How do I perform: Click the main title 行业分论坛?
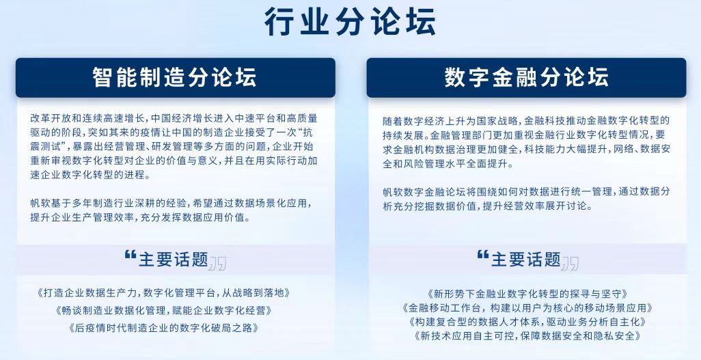(x=350, y=21)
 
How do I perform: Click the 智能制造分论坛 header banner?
(x=175, y=77)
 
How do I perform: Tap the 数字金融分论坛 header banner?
(x=526, y=77)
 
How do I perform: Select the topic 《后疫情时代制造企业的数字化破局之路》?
(x=163, y=327)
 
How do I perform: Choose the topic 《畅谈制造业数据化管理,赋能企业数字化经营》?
(x=163, y=310)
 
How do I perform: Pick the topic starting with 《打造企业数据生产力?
(x=163, y=293)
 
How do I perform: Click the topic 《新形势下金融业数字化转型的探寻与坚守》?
(x=527, y=294)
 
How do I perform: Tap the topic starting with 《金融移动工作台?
(x=527, y=307)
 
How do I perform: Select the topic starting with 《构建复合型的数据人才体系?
(x=527, y=322)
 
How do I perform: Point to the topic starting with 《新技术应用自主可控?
(x=527, y=335)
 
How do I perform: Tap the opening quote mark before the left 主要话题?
(x=130, y=255)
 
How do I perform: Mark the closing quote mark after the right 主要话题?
(x=570, y=264)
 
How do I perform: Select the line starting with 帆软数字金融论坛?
(x=526, y=192)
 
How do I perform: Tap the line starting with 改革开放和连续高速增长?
(x=174, y=118)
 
